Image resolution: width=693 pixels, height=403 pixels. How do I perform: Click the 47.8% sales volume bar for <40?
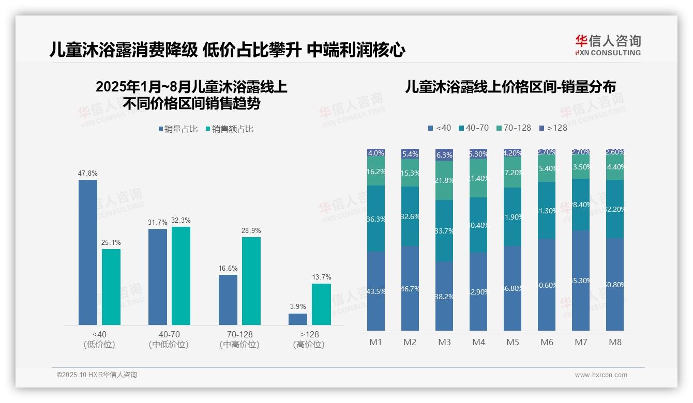[88, 252]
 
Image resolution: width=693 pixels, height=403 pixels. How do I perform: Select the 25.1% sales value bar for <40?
[111, 287]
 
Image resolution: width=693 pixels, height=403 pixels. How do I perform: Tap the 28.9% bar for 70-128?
[251, 281]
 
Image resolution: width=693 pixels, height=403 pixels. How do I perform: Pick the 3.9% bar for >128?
[298, 319]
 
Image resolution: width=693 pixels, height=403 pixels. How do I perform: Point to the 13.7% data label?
[321, 277]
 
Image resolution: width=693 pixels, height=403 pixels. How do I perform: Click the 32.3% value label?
[181, 221]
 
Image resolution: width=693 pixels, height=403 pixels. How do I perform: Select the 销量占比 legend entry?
[178, 129]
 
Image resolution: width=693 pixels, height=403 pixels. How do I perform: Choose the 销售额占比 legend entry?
[230, 129]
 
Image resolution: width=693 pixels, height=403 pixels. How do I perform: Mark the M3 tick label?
[444, 342]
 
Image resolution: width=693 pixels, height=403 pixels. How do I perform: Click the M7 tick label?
[581, 342]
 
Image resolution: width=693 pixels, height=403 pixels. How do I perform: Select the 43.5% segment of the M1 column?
[376, 291]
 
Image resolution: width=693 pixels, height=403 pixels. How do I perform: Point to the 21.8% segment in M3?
[444, 180]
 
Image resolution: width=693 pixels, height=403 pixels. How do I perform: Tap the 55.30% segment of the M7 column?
[581, 281]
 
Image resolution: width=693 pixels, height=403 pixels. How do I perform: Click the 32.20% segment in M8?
[615, 209]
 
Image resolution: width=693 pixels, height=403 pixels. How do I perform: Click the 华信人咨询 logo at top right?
[608, 45]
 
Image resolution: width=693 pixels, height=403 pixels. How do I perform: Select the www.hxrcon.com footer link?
[601, 375]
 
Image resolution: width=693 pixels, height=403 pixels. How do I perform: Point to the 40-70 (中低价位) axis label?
[169, 339]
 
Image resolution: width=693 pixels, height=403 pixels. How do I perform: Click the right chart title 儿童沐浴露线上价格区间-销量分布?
[510, 87]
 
